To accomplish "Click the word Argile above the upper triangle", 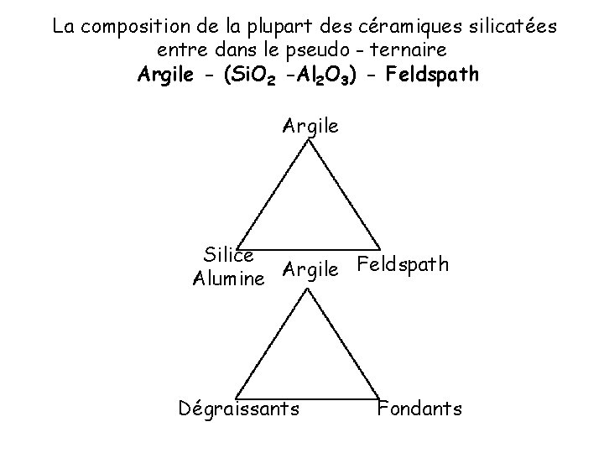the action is coord(310,127).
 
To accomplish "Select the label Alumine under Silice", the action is coord(228,278).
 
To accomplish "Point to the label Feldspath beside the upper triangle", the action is coord(403,265).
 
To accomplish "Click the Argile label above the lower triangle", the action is coord(310,270).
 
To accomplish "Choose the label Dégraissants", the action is coord(239,409).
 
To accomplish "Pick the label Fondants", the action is coord(419,409).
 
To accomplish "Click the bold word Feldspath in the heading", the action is coord(430,74).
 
